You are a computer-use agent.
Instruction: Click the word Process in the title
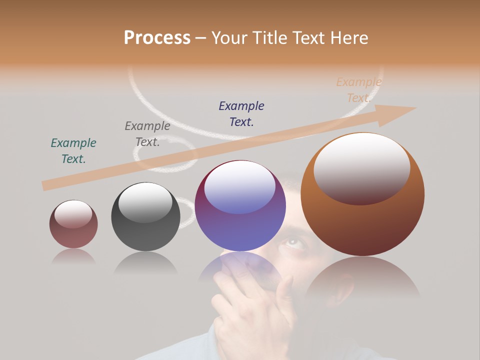pyautogui.click(x=157, y=38)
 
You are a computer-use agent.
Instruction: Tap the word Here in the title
pyautogui.click(x=348, y=38)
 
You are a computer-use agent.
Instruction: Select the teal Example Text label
pyautogui.click(x=73, y=151)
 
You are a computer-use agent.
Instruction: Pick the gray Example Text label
pyautogui.click(x=147, y=134)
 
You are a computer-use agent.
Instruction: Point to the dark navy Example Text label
pyautogui.click(x=241, y=114)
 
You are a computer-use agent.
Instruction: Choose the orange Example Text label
pyautogui.click(x=359, y=90)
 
